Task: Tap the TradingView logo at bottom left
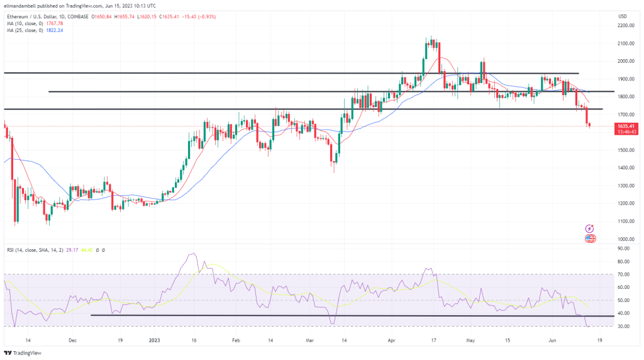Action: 24,352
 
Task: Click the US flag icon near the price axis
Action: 590,239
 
